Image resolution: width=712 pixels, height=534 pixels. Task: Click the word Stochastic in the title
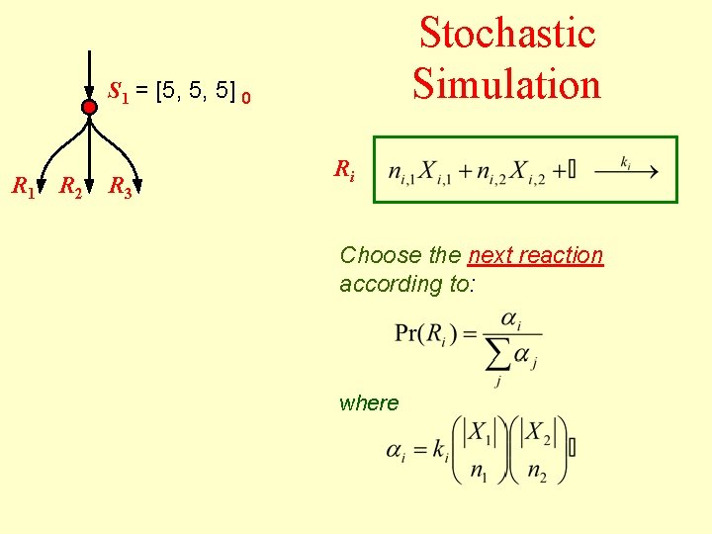point(507,33)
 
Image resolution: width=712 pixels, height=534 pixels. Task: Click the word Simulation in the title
point(507,82)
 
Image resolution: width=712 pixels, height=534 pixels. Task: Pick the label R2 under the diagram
point(70,185)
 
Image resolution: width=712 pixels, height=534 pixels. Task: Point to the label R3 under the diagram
point(121,185)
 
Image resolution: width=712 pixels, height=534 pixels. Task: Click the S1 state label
point(119,93)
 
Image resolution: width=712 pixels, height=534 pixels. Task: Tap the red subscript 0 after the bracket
point(246,98)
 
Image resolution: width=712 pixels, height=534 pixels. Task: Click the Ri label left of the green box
point(343,169)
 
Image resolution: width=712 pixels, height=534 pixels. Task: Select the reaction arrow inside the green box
point(626,171)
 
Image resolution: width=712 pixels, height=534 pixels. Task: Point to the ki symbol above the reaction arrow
point(626,159)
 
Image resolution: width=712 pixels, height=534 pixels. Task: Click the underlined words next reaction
point(535,255)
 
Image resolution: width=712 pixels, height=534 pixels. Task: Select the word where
point(369,402)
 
